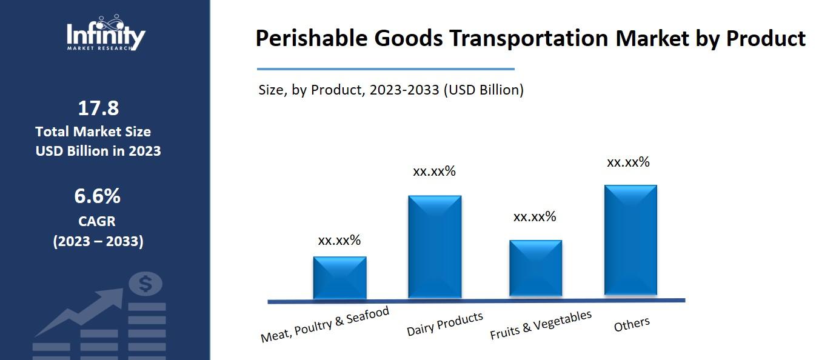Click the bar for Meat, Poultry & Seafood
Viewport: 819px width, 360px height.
(x=339, y=278)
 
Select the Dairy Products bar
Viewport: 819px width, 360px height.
(x=435, y=247)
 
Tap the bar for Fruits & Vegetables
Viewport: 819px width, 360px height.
(x=535, y=268)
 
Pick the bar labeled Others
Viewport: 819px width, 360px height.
(x=630, y=241)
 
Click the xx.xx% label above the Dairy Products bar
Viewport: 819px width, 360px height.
(x=434, y=172)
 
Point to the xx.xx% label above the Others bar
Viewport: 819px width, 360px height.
(x=628, y=162)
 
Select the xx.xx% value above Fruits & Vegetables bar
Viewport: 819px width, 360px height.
(x=535, y=217)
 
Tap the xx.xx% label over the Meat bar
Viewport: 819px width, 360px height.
(x=339, y=241)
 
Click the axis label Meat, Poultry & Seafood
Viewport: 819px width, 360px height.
(x=324, y=325)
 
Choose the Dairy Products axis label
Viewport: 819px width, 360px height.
(x=445, y=324)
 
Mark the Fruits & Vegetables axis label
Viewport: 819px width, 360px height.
(x=540, y=325)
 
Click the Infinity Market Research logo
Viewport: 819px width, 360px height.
(x=105, y=34)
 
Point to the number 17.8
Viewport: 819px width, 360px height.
(x=98, y=108)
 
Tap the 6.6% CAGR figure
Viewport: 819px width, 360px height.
(x=98, y=196)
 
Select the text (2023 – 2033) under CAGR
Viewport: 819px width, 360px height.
(x=98, y=241)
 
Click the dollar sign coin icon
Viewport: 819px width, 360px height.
(x=145, y=283)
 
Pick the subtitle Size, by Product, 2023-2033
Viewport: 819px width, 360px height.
(x=391, y=90)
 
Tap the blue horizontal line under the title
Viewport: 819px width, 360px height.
(x=386, y=69)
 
